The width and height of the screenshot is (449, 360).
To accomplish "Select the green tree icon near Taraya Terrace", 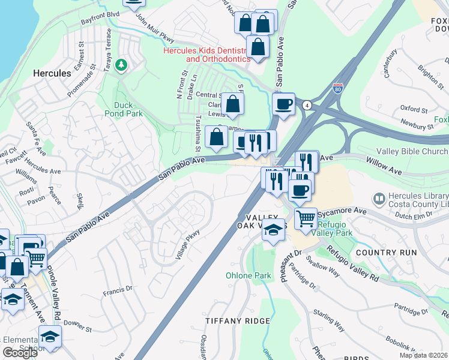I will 122,64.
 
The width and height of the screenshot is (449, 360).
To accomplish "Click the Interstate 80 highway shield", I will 338,89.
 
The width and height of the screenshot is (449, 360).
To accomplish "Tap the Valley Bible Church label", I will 412,152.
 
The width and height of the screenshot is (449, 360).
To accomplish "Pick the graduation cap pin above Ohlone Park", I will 274,230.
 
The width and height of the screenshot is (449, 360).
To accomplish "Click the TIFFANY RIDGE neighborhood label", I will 233,321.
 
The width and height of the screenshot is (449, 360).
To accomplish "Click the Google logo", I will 20,353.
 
